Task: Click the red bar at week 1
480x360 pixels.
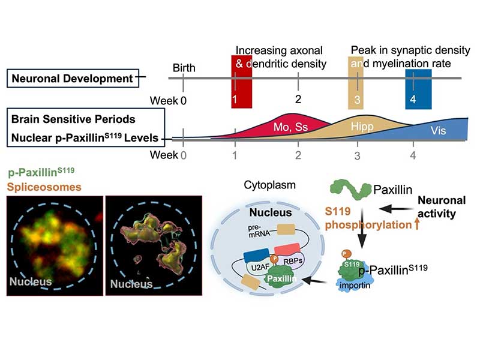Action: (x=241, y=82)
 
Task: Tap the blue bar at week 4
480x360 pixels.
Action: (x=418, y=89)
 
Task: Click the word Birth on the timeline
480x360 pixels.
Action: (x=184, y=68)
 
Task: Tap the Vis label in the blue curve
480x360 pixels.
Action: (x=438, y=131)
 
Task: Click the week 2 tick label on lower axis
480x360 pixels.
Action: (x=298, y=155)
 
